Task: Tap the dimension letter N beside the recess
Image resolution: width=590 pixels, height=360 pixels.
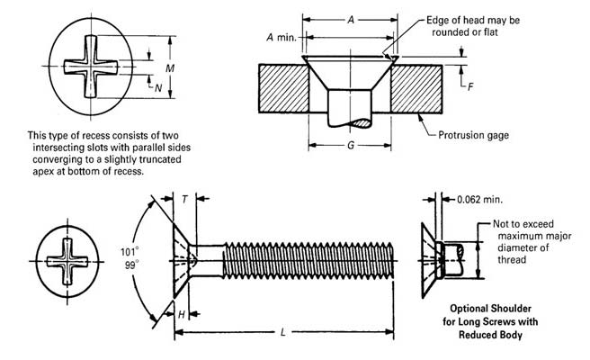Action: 158,87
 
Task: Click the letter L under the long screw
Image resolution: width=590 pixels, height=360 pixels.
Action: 284,333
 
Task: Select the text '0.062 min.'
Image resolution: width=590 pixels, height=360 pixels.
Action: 482,198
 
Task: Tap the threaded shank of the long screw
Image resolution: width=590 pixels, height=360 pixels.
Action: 306,261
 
